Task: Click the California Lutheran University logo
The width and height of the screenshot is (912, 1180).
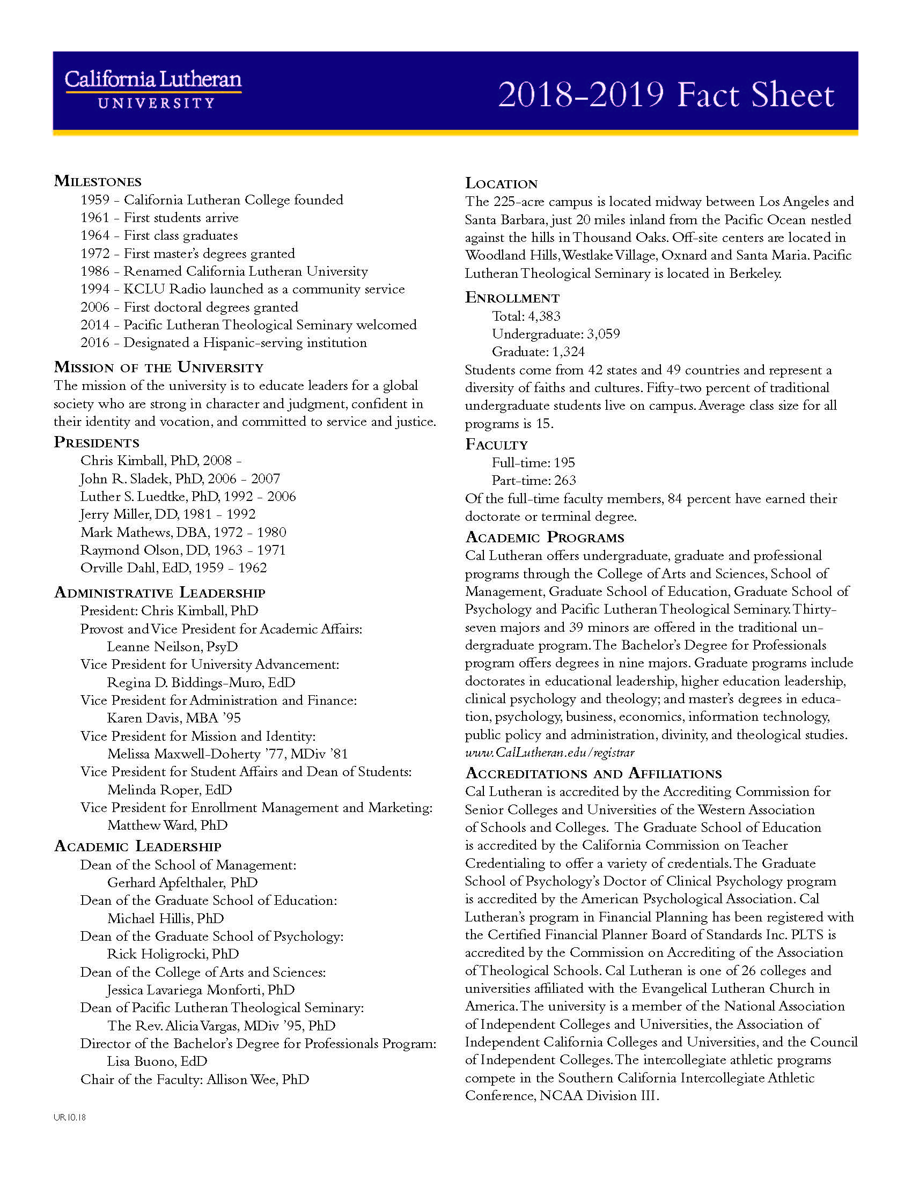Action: point(153,89)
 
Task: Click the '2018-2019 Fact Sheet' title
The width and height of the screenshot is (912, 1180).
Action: point(666,94)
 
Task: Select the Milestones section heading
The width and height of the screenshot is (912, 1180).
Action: point(98,181)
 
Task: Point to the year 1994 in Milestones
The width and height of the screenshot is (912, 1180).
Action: point(95,289)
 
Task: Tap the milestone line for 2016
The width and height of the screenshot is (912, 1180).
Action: point(224,343)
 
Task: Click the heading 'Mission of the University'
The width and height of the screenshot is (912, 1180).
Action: point(158,367)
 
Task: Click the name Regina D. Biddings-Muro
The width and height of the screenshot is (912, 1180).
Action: point(201,682)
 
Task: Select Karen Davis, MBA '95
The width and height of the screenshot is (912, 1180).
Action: point(174,718)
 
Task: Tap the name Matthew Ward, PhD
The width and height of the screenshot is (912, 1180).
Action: point(167,825)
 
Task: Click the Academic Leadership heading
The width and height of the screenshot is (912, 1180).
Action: point(138,846)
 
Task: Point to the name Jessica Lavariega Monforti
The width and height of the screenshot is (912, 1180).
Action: point(201,990)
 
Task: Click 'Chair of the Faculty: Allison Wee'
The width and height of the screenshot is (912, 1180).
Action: point(195,1079)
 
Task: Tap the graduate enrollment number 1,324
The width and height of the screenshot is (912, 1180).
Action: point(568,352)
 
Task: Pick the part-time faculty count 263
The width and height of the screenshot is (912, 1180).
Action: point(565,481)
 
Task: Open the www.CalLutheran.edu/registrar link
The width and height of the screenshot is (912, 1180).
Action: point(549,753)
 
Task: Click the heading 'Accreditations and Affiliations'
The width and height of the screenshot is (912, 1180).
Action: point(593,773)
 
